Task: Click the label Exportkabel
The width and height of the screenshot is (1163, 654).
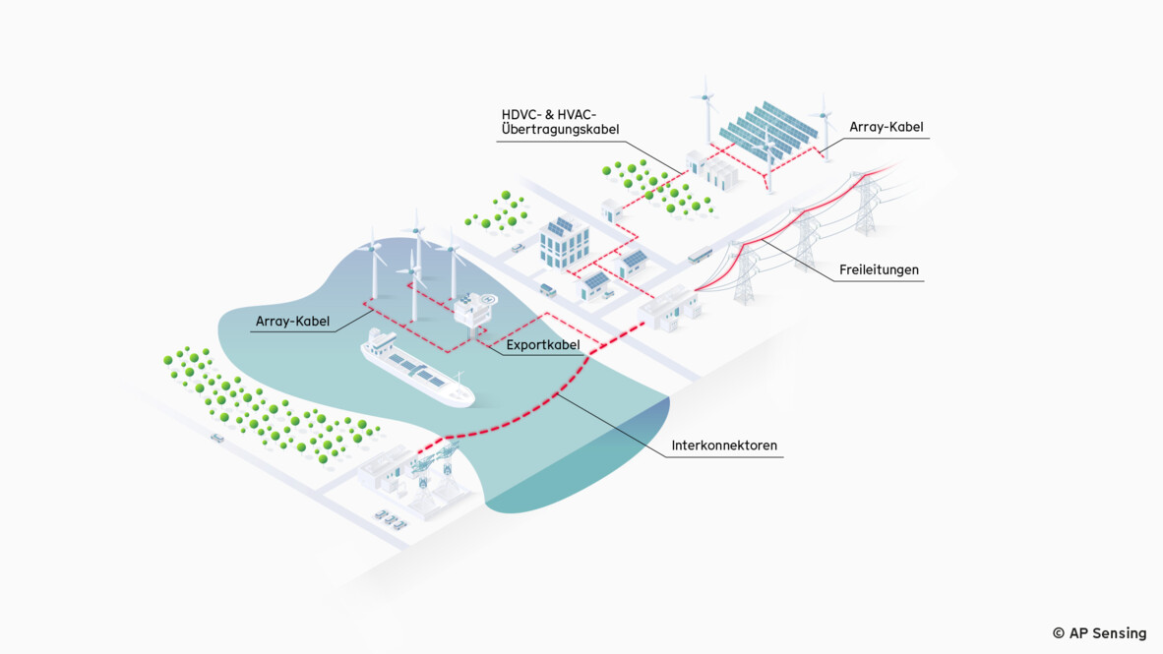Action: coord(542,345)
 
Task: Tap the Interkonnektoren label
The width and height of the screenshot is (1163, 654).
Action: coord(724,446)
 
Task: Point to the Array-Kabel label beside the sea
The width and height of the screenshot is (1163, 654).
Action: coord(292,321)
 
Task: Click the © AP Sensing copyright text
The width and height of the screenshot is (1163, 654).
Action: coord(1099,633)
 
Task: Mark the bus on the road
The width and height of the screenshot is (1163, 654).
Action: coord(701,255)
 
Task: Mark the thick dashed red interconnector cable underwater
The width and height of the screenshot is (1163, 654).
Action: coord(551,398)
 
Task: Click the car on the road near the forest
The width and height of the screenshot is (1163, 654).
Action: coord(216,438)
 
